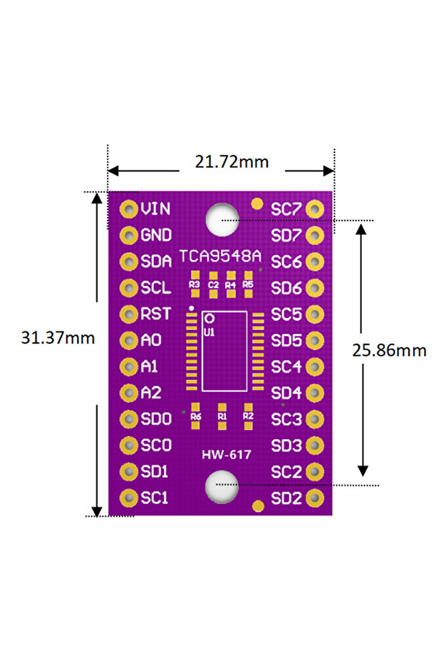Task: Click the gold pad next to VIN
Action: (x=127, y=209)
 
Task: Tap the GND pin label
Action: (x=156, y=235)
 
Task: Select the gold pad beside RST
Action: (x=127, y=314)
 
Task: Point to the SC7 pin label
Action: (x=286, y=209)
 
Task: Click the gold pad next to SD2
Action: (x=315, y=498)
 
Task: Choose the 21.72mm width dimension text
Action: (x=232, y=161)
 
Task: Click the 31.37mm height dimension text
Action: (x=58, y=337)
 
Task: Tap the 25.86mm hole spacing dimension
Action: (x=389, y=350)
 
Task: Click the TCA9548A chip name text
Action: (x=220, y=257)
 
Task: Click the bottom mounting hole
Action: (x=220, y=486)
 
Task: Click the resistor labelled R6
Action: (x=196, y=416)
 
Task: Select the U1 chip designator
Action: (x=209, y=332)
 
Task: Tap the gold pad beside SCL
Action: (x=127, y=288)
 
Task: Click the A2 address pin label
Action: (x=150, y=393)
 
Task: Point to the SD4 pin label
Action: (x=286, y=393)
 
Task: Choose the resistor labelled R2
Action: (x=248, y=416)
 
